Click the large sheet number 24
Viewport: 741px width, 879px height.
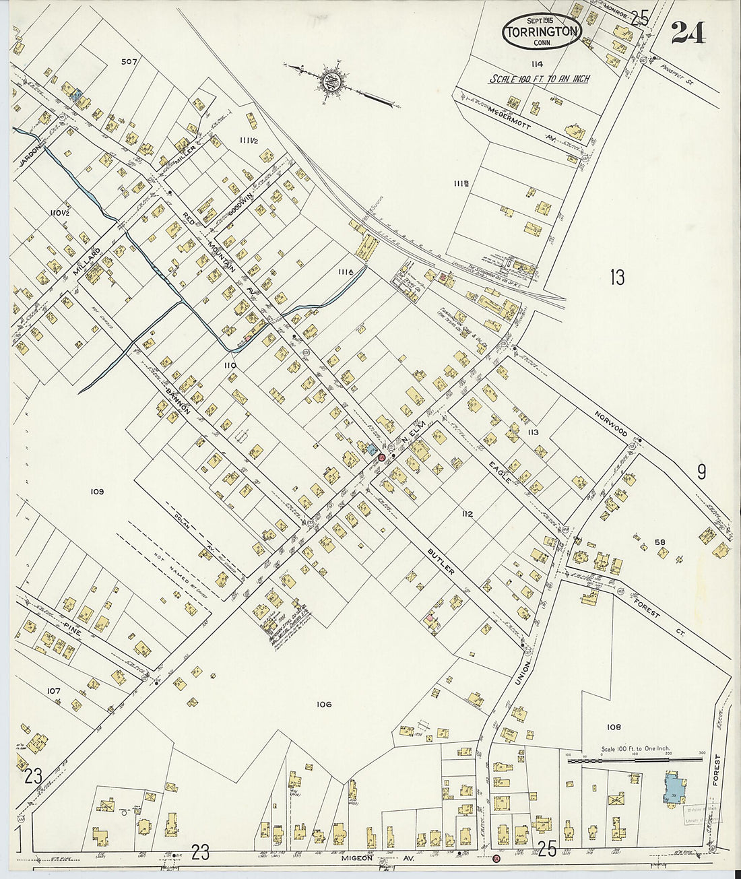[688, 32]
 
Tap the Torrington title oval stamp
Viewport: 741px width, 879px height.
[541, 31]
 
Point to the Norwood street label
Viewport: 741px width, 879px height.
[611, 424]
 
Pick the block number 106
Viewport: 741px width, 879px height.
[323, 705]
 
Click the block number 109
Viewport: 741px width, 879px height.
[97, 492]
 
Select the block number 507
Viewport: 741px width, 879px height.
[129, 61]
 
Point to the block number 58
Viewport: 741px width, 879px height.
[659, 542]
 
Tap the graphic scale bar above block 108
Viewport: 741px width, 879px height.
[636, 760]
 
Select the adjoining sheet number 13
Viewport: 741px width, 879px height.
[617, 277]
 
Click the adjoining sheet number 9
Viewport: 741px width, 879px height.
[701, 471]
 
